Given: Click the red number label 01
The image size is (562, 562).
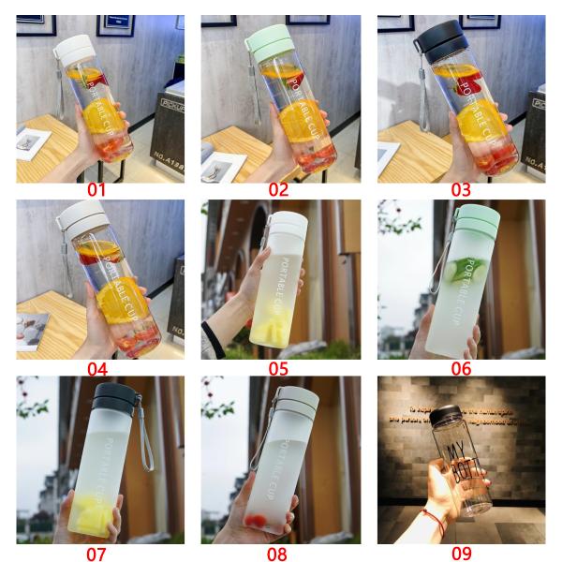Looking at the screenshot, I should (97, 190).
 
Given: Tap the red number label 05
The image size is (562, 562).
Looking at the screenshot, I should (278, 368).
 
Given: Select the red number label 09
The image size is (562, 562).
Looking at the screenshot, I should (461, 553).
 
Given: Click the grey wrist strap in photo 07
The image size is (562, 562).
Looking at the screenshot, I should (145, 440).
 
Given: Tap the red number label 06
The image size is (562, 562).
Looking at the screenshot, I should (461, 368).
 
